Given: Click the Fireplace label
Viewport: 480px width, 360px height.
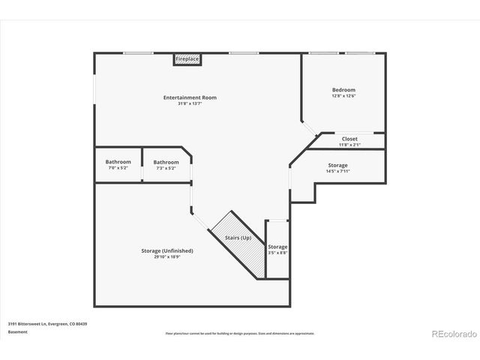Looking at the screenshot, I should coord(187,58).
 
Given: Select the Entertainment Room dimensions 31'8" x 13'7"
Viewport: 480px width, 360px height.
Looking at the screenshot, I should coord(190,103).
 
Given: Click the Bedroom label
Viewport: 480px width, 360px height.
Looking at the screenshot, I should coord(343,90).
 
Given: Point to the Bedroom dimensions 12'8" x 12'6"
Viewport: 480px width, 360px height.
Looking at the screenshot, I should coord(343,95).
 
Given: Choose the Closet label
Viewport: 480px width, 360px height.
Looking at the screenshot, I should coord(349,139).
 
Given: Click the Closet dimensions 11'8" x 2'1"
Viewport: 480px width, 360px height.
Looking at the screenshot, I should coord(349,144).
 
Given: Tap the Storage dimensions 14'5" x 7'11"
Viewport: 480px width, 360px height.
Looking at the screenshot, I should coord(337,171).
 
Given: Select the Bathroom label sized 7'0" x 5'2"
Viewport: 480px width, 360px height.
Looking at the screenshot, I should coord(118,162).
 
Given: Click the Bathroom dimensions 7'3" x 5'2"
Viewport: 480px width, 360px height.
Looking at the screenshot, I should coord(166,168).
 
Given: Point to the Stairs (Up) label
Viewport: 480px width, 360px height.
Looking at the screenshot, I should coord(238,238).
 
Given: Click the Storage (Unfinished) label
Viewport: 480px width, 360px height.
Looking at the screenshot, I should coord(167,250).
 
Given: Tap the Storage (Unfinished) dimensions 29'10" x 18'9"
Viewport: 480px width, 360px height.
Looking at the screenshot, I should coord(167,256).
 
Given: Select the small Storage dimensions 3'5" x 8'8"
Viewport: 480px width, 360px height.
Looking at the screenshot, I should coord(277,253).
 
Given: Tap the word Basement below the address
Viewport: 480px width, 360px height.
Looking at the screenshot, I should coord(17,331).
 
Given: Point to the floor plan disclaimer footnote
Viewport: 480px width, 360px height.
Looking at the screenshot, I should coord(240,333).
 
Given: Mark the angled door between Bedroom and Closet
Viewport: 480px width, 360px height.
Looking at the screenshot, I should coord(310,130).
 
